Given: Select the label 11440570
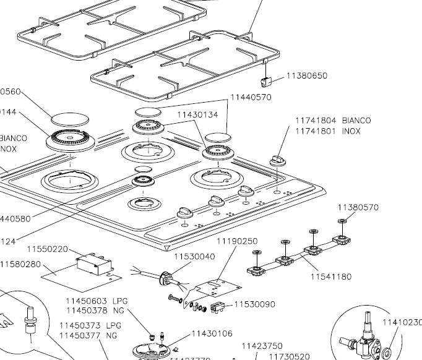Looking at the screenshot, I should pyautogui.click(x=251, y=97).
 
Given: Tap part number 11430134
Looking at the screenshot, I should pyautogui.click(x=198, y=114).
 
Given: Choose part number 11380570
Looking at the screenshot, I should pyautogui.click(x=358, y=207).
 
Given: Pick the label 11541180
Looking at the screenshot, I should pyautogui.click(x=331, y=276).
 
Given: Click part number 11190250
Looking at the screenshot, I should pyautogui.click(x=236, y=241).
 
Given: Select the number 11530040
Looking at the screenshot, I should pyautogui.click(x=194, y=257).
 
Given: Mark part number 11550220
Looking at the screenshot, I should pyautogui.click(x=47, y=249).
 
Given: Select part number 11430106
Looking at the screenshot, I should pyautogui.click(x=212, y=334).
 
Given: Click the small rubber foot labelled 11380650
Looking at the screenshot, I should pyautogui.click(x=267, y=82).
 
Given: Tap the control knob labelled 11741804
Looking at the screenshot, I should pyautogui.click(x=277, y=160).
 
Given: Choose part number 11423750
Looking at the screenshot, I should pyautogui.click(x=262, y=346).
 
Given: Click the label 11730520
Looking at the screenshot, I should pyautogui.click(x=289, y=356).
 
